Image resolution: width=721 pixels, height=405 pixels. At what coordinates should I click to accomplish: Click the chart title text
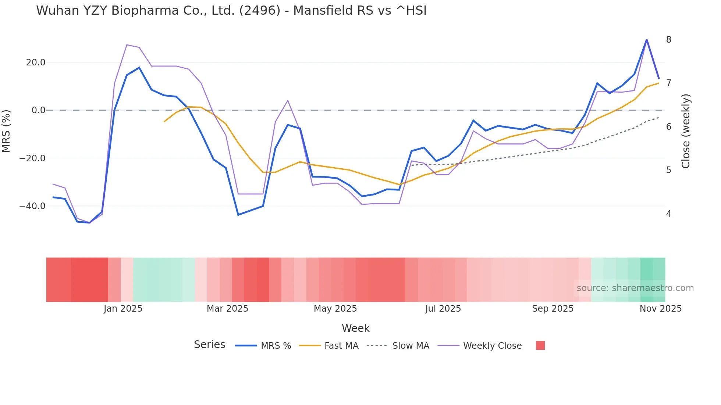click(231, 11)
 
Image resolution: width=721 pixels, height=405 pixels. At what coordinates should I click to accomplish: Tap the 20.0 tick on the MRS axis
click(36, 62)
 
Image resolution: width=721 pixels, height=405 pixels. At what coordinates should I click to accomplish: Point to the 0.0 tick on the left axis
click(39, 110)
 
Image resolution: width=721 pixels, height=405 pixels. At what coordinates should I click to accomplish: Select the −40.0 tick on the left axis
click(32, 206)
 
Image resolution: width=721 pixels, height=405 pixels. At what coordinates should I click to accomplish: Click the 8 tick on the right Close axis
click(668, 40)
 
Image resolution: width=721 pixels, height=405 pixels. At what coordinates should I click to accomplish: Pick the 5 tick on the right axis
click(668, 170)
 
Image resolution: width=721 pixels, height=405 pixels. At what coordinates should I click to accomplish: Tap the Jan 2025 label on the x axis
click(123, 309)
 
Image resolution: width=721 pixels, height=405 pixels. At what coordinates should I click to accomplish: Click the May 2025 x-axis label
click(335, 309)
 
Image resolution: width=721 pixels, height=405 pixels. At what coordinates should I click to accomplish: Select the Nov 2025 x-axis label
click(660, 309)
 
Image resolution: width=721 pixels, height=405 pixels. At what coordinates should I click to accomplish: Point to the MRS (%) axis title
click(6, 131)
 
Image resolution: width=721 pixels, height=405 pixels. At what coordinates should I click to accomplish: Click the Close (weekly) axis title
click(686, 131)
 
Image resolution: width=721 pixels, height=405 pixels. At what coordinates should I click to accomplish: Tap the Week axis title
click(355, 328)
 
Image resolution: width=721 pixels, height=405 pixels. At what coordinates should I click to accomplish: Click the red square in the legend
click(540, 345)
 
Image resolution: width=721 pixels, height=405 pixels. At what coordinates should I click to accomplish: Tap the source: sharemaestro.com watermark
click(635, 288)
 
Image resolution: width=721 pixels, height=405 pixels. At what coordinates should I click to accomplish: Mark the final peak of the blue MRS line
click(647, 40)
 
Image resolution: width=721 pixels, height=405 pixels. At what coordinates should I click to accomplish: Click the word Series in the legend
click(209, 345)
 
